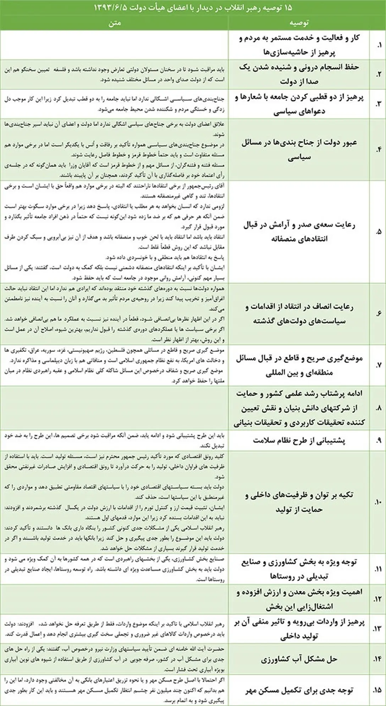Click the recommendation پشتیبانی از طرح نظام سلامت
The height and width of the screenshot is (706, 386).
(299, 440)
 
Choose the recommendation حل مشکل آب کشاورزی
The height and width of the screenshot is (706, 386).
(299, 659)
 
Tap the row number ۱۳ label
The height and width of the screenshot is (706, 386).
(378, 629)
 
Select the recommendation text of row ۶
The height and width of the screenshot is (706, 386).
(299, 314)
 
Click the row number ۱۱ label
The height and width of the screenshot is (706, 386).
(378, 569)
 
